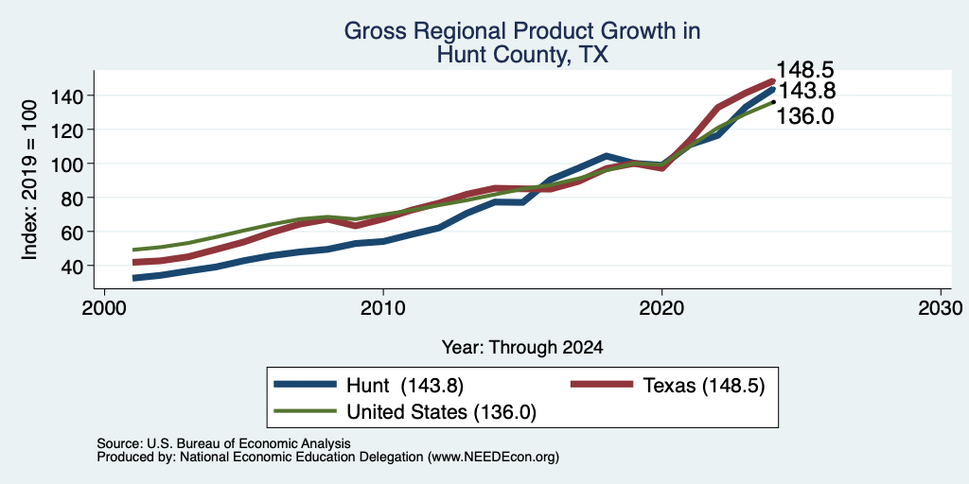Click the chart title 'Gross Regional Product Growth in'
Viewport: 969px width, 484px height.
pyautogui.click(x=522, y=31)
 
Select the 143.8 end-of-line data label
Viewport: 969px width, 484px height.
pyautogui.click(x=806, y=92)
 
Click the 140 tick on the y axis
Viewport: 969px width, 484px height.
pyautogui.click(x=67, y=96)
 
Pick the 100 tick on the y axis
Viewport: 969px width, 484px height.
pyautogui.click(x=67, y=164)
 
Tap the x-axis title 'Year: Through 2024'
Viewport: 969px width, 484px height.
pyautogui.click(x=522, y=348)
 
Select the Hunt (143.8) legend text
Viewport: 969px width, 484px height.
pyautogui.click(x=405, y=386)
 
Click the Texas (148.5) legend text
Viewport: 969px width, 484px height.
pyautogui.click(x=704, y=386)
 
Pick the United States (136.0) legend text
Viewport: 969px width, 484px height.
pyautogui.click(x=441, y=412)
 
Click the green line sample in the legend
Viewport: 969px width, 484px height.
pyautogui.click(x=306, y=411)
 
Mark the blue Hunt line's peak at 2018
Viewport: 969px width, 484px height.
pyautogui.click(x=607, y=156)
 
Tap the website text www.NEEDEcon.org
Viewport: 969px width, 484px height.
pyautogui.click(x=492, y=458)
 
